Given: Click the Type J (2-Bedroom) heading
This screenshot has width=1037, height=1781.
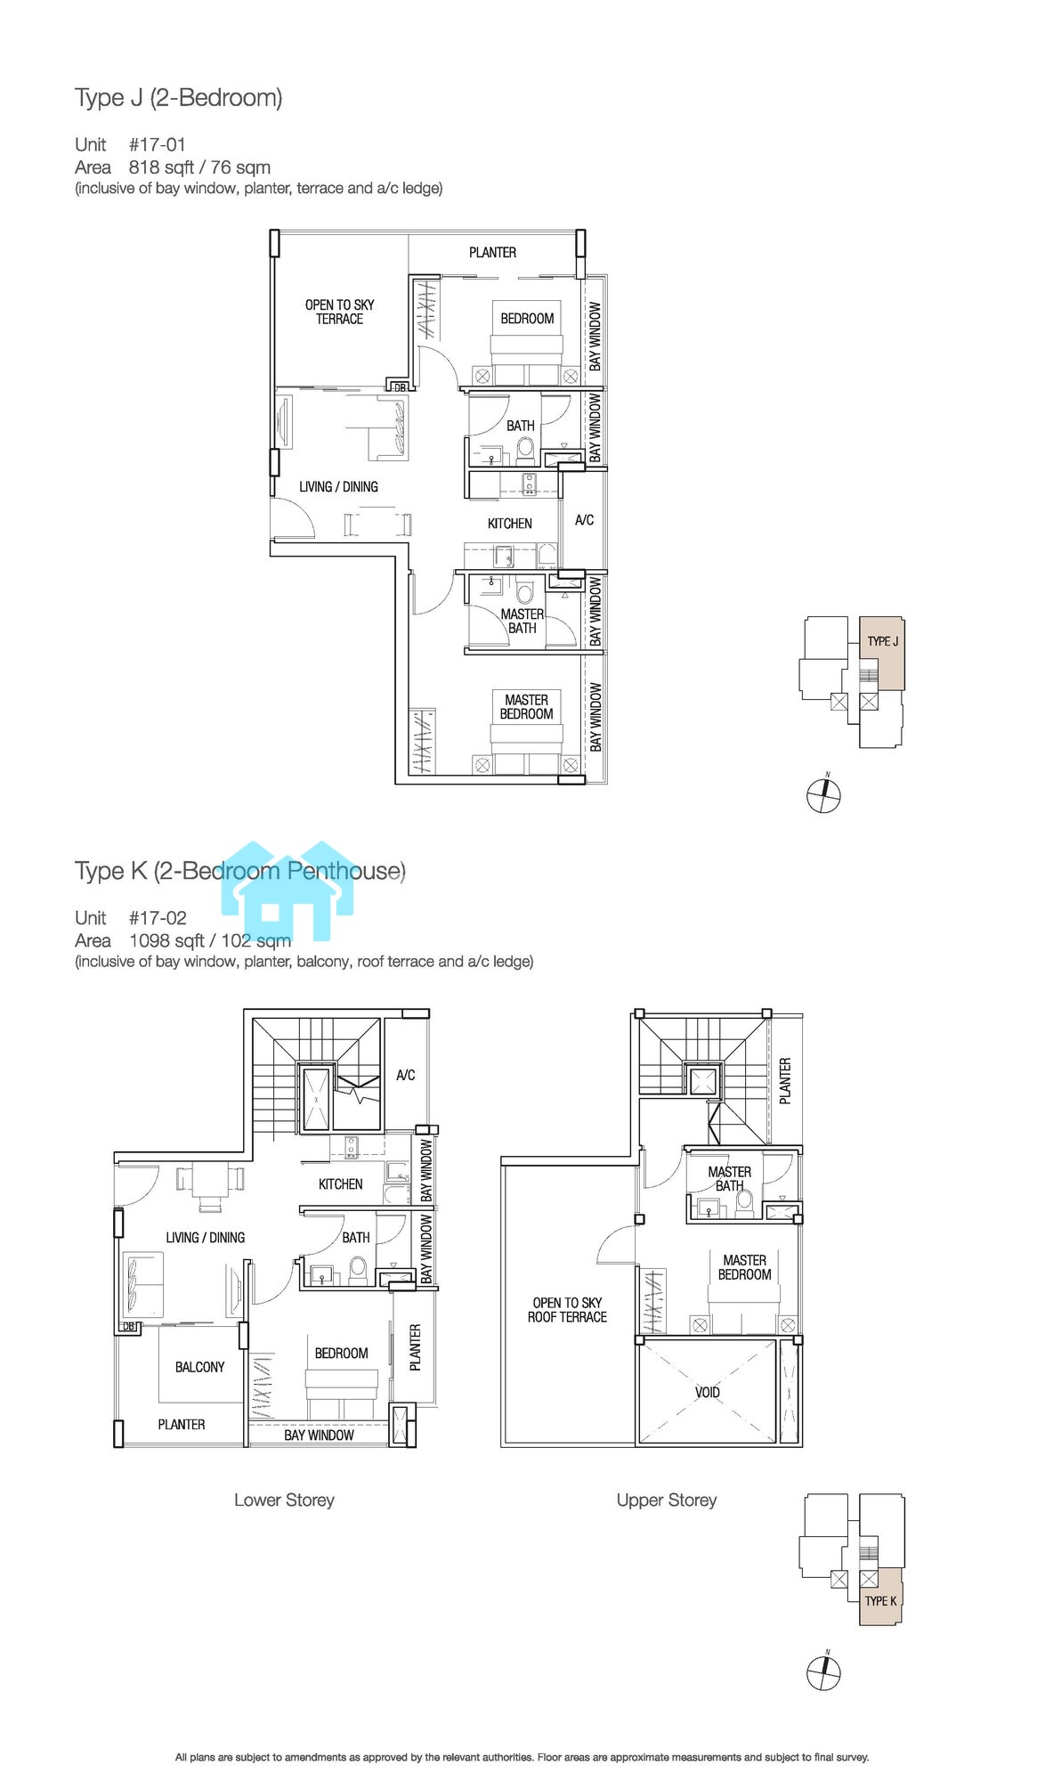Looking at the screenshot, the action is (178, 98).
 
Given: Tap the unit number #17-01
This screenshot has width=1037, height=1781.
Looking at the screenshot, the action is (158, 144).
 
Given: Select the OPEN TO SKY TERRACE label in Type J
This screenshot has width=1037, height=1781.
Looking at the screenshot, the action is (339, 312).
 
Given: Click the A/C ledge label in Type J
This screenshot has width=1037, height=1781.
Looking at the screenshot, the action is (584, 520).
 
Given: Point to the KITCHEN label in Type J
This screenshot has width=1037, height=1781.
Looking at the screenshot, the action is (510, 524).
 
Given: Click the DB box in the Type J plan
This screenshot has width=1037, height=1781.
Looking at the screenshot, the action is (399, 387).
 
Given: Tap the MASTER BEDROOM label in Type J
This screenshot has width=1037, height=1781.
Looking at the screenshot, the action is (526, 707).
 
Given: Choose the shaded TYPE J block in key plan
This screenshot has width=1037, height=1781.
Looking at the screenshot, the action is (882, 653).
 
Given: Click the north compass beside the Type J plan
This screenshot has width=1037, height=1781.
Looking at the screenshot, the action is (824, 794).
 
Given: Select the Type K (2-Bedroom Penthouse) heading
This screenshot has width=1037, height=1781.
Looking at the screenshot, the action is (240, 871).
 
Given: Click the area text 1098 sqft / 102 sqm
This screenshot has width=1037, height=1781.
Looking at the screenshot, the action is (210, 940).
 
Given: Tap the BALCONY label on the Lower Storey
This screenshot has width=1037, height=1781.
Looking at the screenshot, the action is (199, 1367).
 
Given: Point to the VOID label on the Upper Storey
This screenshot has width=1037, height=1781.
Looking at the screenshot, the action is (708, 1392).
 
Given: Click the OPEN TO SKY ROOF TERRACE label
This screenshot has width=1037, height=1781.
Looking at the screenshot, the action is (567, 1310).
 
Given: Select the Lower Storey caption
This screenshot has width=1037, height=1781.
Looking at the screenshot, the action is (284, 1500).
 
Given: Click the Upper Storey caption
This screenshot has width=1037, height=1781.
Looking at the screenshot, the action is (667, 1500).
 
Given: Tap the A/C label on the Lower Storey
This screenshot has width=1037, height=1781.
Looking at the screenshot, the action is (405, 1076).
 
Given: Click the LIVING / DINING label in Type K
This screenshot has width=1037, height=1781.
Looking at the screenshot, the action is (205, 1238).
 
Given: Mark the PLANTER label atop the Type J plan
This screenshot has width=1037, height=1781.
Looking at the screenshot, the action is (492, 253).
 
